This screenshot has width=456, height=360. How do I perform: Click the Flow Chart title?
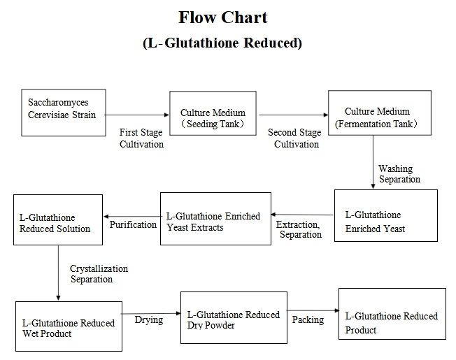pos(222,17)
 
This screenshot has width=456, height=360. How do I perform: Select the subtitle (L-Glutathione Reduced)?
pos(222,43)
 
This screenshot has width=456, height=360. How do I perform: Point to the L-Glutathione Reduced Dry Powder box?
pos(233,319)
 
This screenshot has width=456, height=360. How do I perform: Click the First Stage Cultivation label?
pos(141,138)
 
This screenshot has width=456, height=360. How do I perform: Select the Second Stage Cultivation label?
pos(295,138)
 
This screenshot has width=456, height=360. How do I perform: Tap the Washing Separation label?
pos(399,174)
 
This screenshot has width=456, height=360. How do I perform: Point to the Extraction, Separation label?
pos(299,230)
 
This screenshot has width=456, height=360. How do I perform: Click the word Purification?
pos(133,224)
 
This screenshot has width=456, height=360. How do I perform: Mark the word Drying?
pos(148,319)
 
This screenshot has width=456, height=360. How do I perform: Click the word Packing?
pos(308,319)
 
